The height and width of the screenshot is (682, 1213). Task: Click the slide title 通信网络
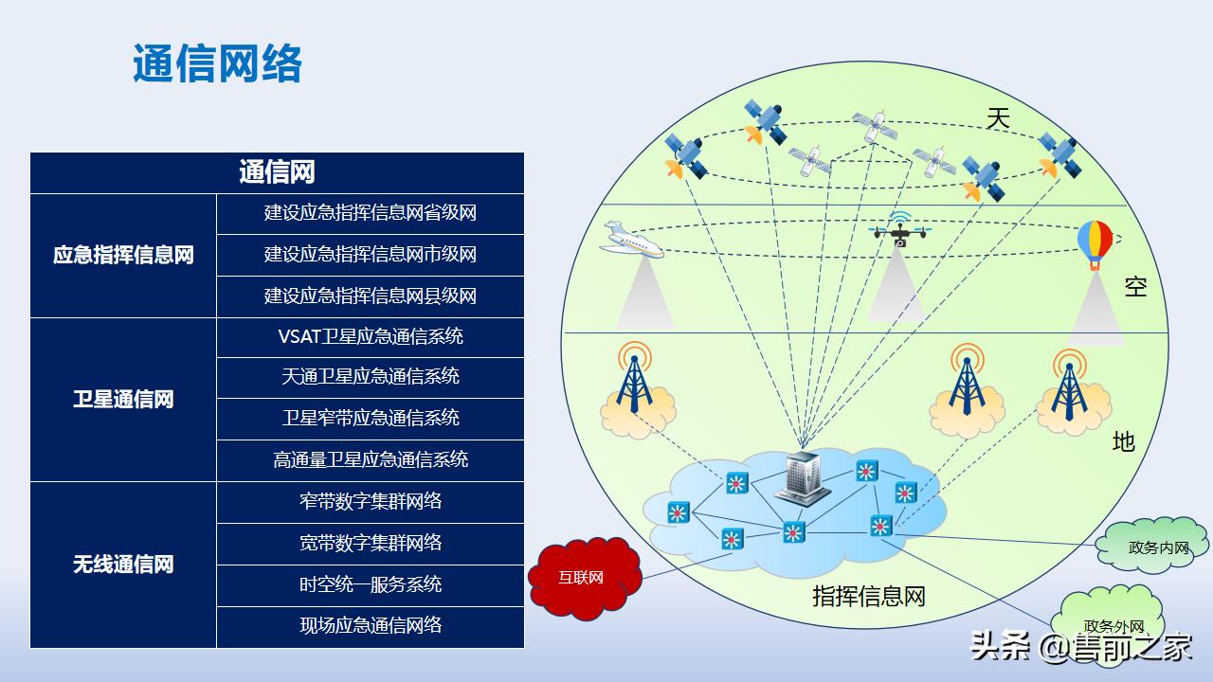click(x=217, y=64)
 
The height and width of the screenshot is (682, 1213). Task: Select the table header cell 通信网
click(x=277, y=172)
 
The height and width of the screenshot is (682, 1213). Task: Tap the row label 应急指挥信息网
click(x=123, y=255)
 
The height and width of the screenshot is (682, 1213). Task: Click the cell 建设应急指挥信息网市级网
click(x=370, y=255)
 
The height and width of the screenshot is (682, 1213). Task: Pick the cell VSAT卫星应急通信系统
click(x=370, y=336)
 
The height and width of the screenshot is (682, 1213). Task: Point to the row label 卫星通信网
click(x=123, y=400)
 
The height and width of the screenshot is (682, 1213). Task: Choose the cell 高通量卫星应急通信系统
click(x=370, y=460)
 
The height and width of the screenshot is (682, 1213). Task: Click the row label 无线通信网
click(x=123, y=565)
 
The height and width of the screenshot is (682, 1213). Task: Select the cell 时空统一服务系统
click(x=370, y=584)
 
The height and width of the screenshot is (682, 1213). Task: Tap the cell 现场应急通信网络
click(x=370, y=626)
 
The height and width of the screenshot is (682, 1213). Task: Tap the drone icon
click(x=899, y=230)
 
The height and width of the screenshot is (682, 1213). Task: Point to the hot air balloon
click(x=1095, y=243)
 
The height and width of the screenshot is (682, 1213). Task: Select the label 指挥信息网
click(x=868, y=597)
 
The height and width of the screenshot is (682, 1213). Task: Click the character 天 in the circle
click(x=998, y=119)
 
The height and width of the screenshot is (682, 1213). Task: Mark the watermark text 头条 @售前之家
click(x=1081, y=647)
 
